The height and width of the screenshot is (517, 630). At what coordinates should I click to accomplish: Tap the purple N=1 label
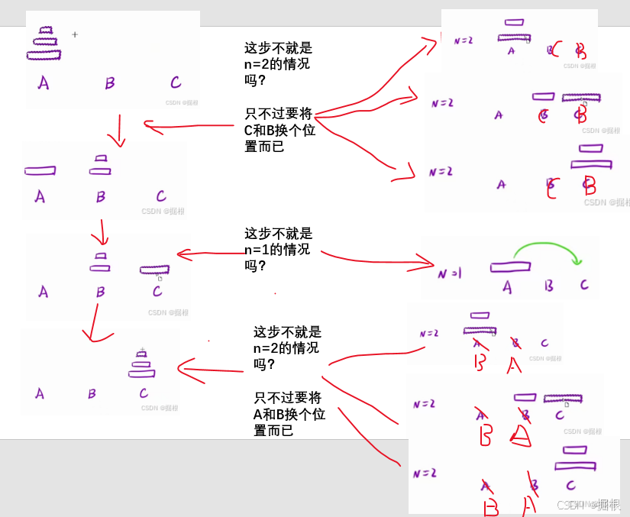pos(449,273)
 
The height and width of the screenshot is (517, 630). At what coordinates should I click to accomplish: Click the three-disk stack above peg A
pos(44,44)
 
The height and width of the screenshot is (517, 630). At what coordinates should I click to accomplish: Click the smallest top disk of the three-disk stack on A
pos(47,31)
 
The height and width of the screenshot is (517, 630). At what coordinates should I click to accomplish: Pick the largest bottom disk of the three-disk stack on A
pos(44,55)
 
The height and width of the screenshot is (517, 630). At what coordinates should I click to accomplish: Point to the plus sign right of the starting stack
pos(75,34)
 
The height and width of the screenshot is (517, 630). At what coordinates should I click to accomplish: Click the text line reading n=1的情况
pos(277,250)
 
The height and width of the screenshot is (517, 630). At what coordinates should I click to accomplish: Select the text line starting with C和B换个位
pos(279,130)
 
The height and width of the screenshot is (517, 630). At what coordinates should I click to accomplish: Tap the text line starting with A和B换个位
pos(289,414)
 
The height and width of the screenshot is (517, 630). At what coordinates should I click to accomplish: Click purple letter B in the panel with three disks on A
pos(110,83)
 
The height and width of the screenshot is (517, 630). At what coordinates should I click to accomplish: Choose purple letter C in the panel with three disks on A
pos(176,82)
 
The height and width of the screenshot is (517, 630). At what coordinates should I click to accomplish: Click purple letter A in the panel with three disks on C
pos(40,394)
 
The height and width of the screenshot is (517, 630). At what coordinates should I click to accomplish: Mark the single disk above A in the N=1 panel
pos(510,267)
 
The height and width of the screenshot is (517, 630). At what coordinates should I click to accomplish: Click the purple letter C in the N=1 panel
pos(584,285)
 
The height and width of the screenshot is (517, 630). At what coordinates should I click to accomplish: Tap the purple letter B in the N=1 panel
pos(548,286)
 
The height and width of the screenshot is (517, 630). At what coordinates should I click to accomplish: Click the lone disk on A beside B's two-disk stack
pos(40,170)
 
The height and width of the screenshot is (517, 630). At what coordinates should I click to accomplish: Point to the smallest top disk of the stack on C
pos(141,354)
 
